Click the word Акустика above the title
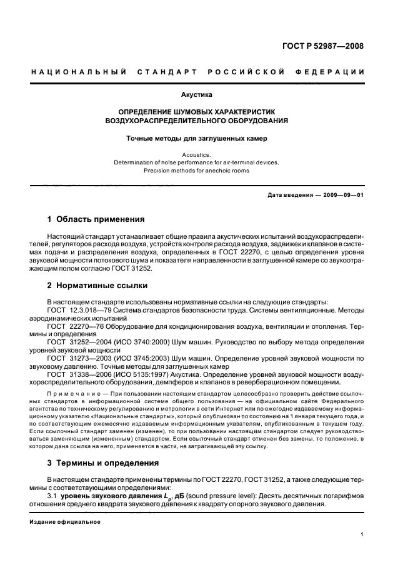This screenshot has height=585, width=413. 196,95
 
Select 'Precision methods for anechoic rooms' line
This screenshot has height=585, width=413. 196,170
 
